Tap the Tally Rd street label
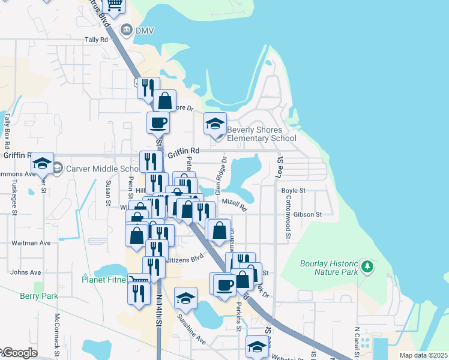[x=96, y=40]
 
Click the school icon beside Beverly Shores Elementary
[x=215, y=124]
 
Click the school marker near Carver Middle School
[x=42, y=163]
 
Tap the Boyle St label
[x=294, y=191]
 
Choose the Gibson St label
[x=309, y=214]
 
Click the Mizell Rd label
[x=234, y=206]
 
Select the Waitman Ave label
[x=31, y=243]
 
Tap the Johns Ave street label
[x=26, y=272]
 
